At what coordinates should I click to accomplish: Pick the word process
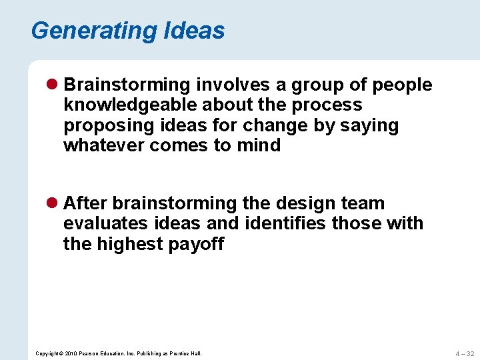331,105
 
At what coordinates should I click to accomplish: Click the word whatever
103,145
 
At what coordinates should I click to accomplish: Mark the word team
361,203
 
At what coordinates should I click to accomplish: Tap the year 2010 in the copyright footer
71,353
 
